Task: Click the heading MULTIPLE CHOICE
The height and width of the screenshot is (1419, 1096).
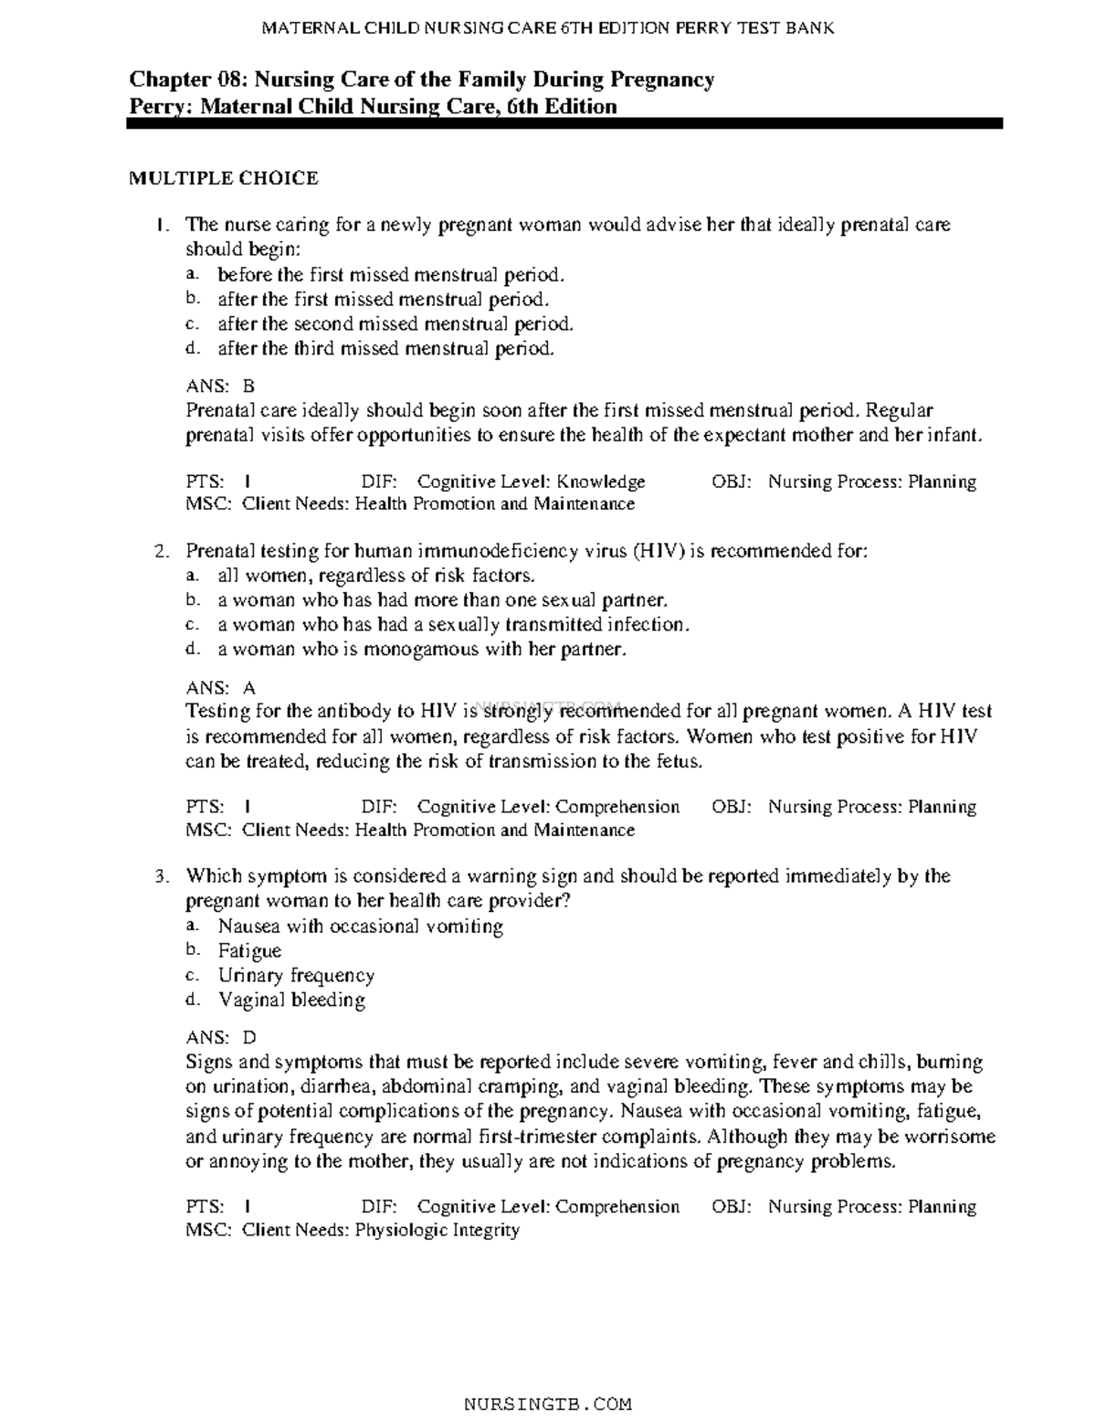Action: (x=223, y=178)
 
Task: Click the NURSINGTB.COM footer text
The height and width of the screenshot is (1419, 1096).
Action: (x=548, y=1403)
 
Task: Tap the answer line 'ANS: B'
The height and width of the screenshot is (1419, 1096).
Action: (x=220, y=387)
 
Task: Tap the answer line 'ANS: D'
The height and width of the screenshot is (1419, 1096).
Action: (x=220, y=1037)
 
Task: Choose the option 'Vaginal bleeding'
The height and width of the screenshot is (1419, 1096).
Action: (x=291, y=1000)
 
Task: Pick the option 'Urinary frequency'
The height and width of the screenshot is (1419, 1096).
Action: (x=296, y=975)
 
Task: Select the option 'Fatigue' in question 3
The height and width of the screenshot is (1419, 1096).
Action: (x=249, y=950)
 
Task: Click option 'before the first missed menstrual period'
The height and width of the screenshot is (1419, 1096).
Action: (x=391, y=274)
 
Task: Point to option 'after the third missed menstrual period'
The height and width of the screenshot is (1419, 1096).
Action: (x=385, y=348)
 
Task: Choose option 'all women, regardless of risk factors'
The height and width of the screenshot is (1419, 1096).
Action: (x=376, y=576)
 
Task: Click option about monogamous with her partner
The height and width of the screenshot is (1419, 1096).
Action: (x=422, y=650)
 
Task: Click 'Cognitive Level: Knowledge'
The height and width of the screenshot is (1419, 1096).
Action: (x=531, y=482)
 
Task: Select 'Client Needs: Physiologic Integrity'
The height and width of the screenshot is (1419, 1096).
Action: (x=380, y=1230)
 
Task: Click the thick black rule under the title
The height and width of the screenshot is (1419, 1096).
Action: (x=564, y=123)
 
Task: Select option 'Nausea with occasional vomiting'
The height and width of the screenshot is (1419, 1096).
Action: (x=360, y=926)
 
